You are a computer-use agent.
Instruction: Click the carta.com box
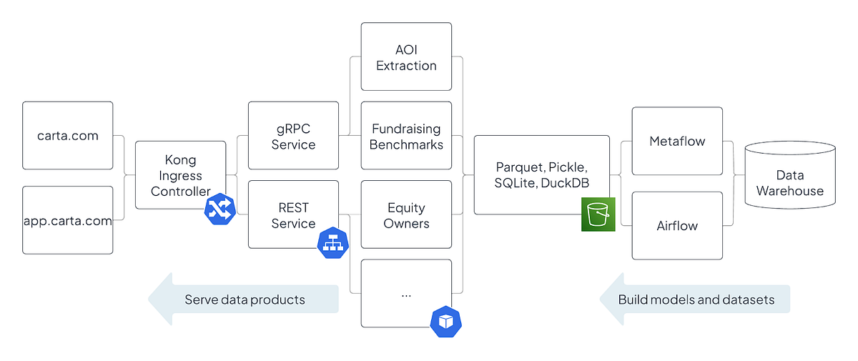point(67,135)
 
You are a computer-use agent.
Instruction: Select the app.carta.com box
point(67,220)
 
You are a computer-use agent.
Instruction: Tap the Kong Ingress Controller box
point(180,174)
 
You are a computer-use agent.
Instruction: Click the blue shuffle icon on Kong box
point(220,209)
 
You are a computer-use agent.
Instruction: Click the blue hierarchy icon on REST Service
point(332,242)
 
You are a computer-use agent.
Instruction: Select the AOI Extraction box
point(406,56)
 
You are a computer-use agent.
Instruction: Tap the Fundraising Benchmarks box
point(406,136)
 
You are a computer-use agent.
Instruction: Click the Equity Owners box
point(406,215)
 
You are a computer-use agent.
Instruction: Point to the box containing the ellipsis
point(406,293)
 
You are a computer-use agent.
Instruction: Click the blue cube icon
point(445,321)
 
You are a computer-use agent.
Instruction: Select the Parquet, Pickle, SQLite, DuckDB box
point(541,174)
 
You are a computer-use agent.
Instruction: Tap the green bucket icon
point(598,214)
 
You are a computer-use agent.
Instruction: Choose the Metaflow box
point(676,141)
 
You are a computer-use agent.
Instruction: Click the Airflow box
point(676,225)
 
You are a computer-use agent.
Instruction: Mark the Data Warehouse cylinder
point(789,182)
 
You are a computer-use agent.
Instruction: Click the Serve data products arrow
point(243,300)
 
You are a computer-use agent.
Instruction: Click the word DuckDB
point(563,183)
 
